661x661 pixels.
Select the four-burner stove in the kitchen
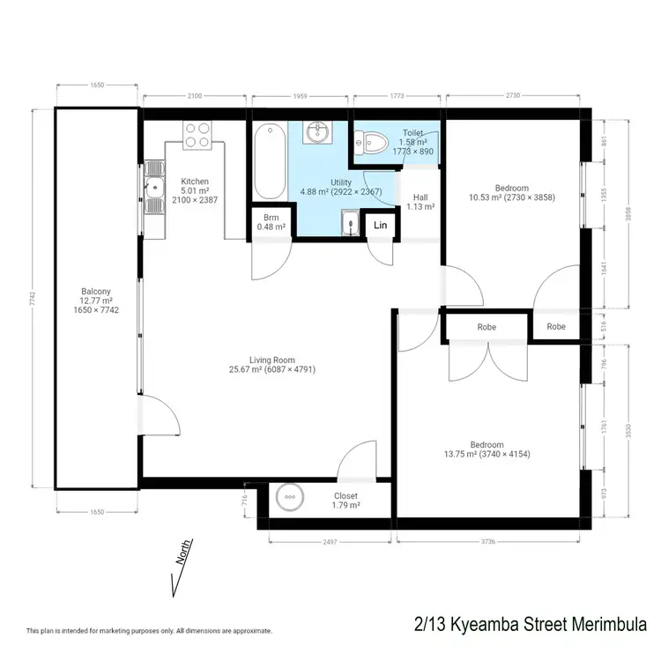tap(198, 134)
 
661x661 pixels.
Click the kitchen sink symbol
tap(154, 186)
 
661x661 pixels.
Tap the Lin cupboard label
tap(381, 226)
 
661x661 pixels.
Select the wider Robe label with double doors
tap(486, 327)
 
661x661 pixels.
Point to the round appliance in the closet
tap(288, 499)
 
